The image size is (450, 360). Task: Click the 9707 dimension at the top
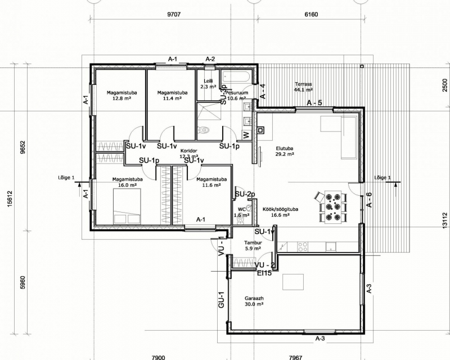174,15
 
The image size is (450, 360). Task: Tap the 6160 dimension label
311,15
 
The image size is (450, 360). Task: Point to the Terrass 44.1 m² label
303,87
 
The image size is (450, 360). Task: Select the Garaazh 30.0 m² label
254,301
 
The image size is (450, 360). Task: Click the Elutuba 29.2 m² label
285,151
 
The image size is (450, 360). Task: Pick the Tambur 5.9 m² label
253,245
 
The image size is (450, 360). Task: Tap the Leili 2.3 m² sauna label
208,84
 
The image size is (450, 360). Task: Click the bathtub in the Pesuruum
236,76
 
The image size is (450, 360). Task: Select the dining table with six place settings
333,206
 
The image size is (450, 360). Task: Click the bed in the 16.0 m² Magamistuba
127,206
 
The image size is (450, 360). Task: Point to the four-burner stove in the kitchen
303,246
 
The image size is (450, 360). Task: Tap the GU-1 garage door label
221,300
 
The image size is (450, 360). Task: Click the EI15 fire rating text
264,273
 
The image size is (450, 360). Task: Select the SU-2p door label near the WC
245,195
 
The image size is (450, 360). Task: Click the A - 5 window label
314,103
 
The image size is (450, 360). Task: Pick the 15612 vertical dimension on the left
10,199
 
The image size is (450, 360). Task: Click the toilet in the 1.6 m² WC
241,219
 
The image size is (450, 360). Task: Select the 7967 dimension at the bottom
296,357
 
